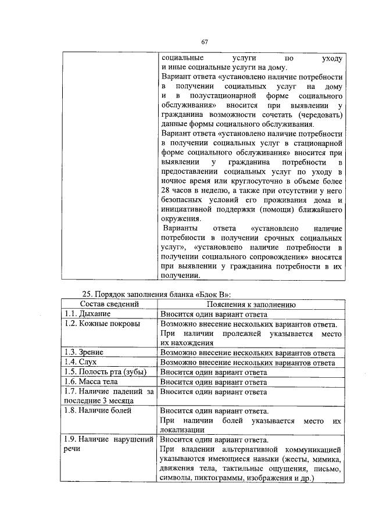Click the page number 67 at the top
pyautogui.click(x=205, y=41)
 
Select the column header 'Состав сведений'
pyautogui.click(x=109, y=303)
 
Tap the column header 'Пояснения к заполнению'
pyautogui.click(x=251, y=303)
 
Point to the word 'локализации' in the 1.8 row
pyautogui.click(x=181, y=430)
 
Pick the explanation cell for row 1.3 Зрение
pyautogui.click(x=251, y=352)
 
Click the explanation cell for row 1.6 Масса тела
pyautogui.click(x=251, y=382)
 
